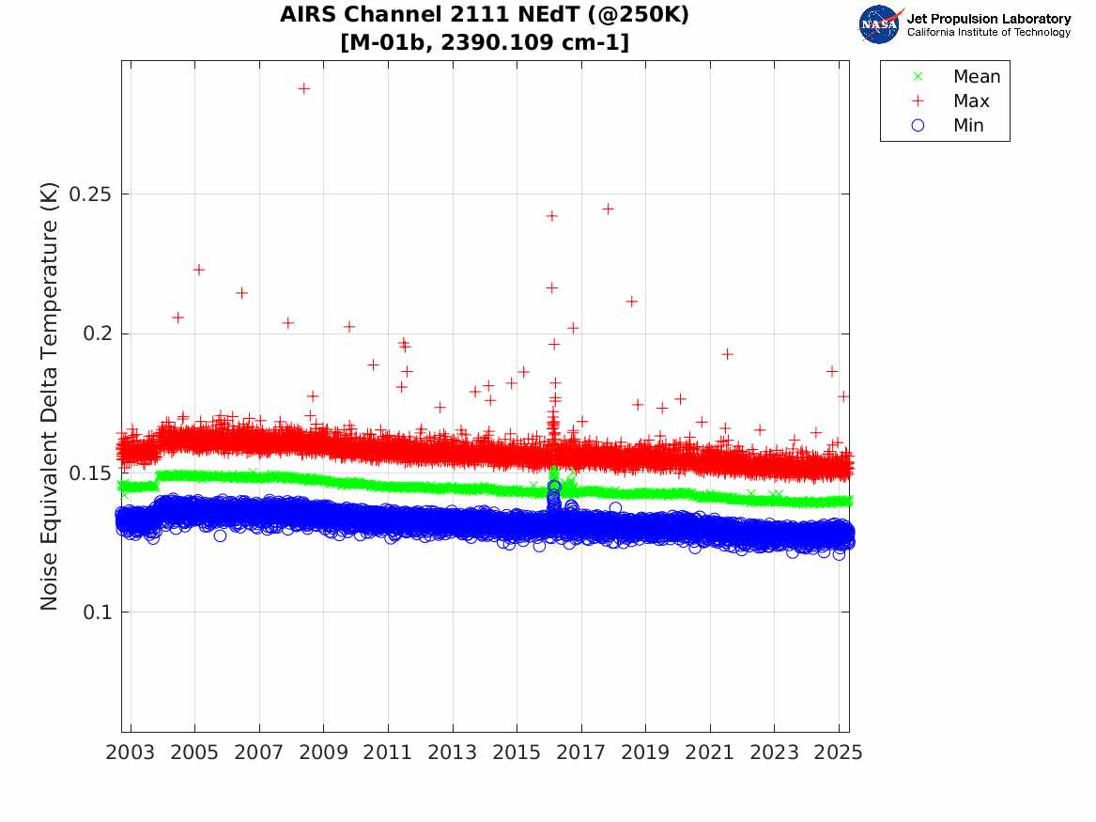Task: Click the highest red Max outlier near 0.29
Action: click(x=304, y=88)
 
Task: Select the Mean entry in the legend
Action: click(x=976, y=77)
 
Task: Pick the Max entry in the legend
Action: click(x=970, y=101)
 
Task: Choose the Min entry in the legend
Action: click(x=968, y=126)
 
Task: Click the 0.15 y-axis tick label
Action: click(x=90, y=473)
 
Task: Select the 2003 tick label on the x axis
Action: click(x=131, y=752)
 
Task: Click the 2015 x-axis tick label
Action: click(x=517, y=752)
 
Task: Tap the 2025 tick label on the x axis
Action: click(x=838, y=752)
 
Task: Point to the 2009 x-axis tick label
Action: click(x=324, y=752)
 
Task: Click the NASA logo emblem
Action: click(x=880, y=24)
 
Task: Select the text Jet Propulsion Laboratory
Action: click(x=988, y=19)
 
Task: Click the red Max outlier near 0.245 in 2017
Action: click(x=608, y=209)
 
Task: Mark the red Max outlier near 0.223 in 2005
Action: click(x=198, y=270)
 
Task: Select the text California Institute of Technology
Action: click(x=988, y=33)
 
